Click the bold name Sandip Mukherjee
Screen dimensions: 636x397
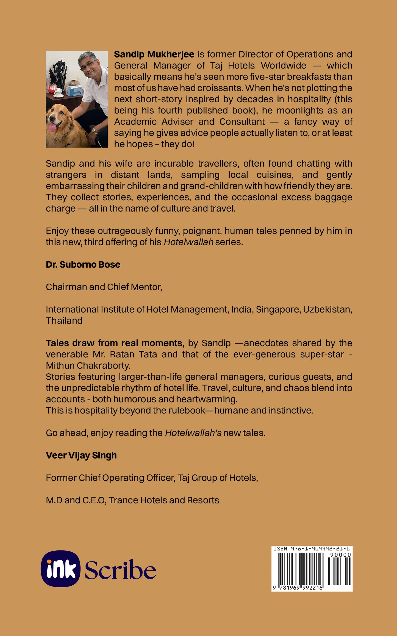[154, 54]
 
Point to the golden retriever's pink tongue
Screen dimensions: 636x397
[52, 127]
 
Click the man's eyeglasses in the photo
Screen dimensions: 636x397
[88, 65]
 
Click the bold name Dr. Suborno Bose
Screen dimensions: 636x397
[83, 265]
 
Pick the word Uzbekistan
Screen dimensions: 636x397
[327, 309]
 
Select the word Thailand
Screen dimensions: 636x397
[64, 321]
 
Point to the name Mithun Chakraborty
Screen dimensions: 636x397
[88, 366]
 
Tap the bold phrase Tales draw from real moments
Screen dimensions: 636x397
[114, 343]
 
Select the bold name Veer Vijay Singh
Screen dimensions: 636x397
[81, 456]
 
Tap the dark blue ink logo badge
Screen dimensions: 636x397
[61, 569]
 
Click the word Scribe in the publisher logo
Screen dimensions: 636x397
[120, 570]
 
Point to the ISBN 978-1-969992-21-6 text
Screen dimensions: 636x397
[311, 549]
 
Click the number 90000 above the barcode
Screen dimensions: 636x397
[340, 555]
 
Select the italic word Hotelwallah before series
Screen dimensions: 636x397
[188, 242]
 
